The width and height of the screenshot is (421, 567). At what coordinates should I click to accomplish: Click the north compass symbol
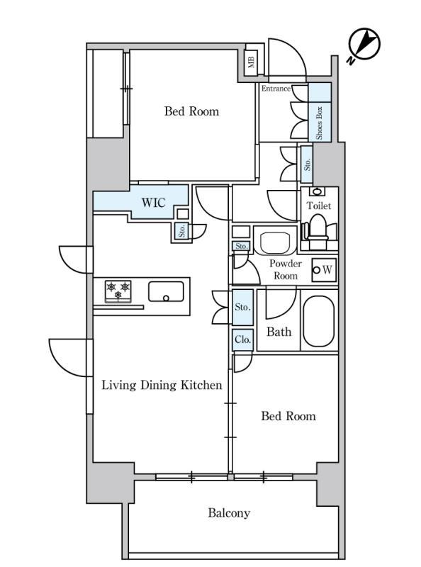[364, 45]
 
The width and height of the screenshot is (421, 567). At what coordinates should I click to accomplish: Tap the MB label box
[252, 60]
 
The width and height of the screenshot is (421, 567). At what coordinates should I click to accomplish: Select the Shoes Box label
[319, 123]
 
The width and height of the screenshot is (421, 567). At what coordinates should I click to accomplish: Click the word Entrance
[276, 89]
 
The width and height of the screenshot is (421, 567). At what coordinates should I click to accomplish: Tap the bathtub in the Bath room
[319, 322]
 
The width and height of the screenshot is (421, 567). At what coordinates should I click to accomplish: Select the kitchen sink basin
[166, 291]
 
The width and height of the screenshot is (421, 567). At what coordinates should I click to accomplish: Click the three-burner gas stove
[118, 291]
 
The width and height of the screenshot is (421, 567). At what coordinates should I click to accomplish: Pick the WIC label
[154, 203]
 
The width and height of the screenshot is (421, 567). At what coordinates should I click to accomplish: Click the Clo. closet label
[242, 339]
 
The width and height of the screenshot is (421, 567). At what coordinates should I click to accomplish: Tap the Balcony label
[229, 513]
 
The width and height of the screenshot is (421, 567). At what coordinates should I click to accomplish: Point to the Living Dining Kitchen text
[162, 385]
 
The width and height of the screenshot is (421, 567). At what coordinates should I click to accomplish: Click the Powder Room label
[286, 270]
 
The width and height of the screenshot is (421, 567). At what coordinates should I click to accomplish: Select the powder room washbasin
[275, 240]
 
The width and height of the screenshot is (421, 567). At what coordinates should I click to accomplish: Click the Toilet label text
[319, 206]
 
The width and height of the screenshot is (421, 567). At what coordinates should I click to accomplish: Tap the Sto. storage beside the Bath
[242, 308]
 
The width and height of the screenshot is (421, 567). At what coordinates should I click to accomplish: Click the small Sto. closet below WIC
[182, 231]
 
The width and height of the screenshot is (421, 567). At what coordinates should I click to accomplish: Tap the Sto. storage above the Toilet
[307, 164]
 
